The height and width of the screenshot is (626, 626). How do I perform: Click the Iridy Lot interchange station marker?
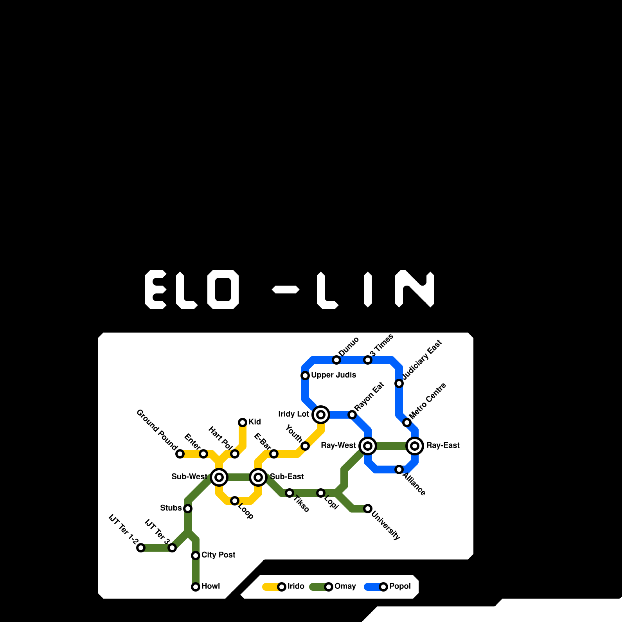tap(321, 414)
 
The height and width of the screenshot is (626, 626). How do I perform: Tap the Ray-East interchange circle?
tap(415, 446)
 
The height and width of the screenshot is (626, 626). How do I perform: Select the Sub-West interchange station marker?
tap(219, 477)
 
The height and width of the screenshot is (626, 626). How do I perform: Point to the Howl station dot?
tap(196, 586)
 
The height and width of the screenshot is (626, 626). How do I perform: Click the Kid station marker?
tap(243, 422)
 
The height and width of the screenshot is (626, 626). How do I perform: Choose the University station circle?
tap(368, 508)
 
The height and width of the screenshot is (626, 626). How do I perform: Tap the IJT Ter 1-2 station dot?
tap(141, 548)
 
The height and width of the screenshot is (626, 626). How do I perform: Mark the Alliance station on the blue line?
tap(399, 469)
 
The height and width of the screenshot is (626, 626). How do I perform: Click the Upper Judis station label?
tap(333, 375)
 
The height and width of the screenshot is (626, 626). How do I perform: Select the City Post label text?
tap(218, 555)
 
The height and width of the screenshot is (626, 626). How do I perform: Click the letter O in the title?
tap(223, 290)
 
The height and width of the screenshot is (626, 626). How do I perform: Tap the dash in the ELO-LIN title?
tap(286, 290)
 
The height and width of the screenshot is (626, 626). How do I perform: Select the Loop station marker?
tap(235, 500)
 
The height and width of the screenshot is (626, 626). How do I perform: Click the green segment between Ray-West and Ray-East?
tap(391, 446)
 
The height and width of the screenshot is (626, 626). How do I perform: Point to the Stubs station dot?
tap(188, 508)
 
